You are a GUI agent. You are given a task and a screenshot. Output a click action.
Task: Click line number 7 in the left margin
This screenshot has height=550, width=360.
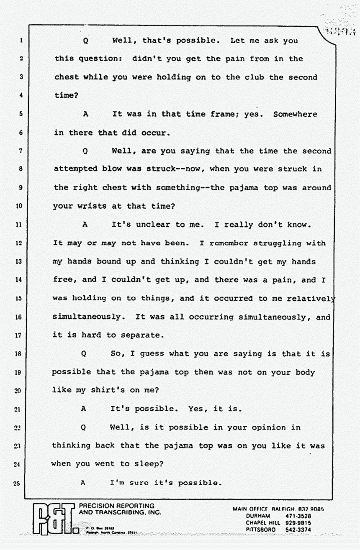(x=20, y=151)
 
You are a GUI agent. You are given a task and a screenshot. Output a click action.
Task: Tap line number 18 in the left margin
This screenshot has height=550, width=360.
(x=19, y=353)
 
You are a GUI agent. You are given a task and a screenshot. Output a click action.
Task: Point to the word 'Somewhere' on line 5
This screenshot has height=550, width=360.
(x=295, y=114)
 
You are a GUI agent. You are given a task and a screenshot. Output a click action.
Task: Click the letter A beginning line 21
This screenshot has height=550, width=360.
(x=84, y=409)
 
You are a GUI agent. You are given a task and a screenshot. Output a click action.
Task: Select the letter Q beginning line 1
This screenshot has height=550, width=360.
(x=86, y=41)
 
